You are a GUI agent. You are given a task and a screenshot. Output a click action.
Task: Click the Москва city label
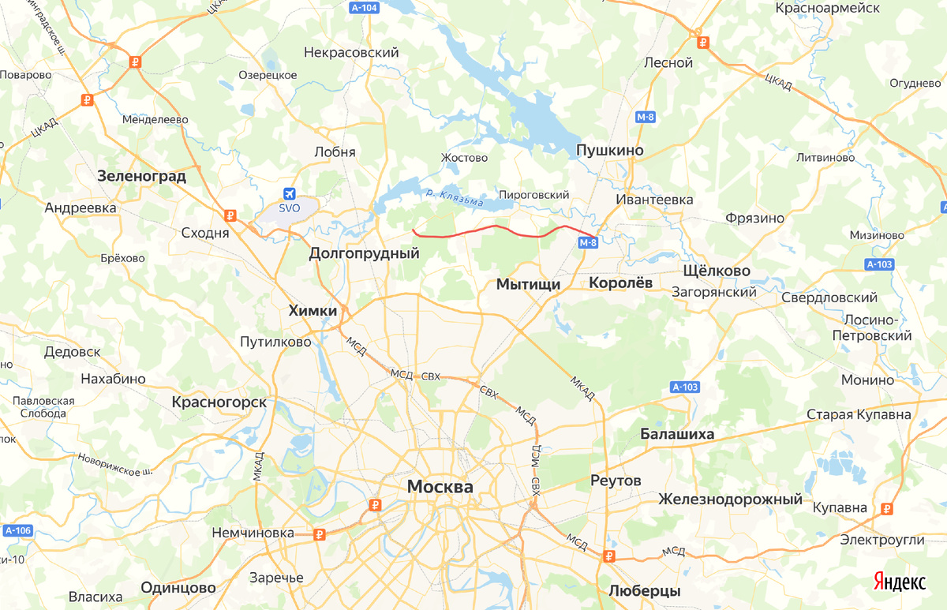point(440,487)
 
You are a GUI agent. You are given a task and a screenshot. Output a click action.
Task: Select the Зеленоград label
point(142,176)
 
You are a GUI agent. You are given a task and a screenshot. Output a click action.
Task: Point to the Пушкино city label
point(610,150)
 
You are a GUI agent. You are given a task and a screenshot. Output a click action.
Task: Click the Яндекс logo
point(900,582)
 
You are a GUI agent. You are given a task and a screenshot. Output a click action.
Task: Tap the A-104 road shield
point(364,6)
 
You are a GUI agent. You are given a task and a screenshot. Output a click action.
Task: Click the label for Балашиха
point(677,434)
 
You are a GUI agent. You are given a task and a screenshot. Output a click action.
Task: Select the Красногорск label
point(219,402)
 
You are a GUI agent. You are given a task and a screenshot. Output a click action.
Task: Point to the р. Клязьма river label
point(454,197)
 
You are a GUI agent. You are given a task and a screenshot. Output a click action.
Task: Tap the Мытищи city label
point(528,284)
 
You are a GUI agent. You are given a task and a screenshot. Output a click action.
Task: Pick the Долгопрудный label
point(364,253)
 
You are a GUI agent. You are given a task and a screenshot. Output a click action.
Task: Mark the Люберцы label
point(645,590)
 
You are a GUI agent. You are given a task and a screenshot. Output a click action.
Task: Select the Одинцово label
point(178,588)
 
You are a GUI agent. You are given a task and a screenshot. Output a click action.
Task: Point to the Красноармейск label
point(828,8)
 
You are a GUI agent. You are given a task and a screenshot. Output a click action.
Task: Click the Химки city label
point(313,311)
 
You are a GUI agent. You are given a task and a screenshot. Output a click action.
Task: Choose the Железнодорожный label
point(731,499)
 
